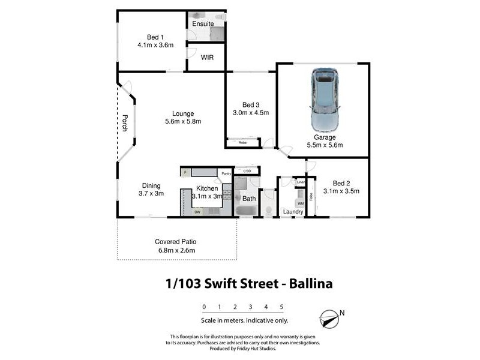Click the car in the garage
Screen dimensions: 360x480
(325, 100)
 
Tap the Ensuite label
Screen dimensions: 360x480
(203, 24)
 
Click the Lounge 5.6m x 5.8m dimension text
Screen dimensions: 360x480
(182, 122)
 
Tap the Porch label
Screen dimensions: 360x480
(125, 122)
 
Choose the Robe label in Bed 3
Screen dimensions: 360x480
(242, 143)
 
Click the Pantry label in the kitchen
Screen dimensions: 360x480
(226, 174)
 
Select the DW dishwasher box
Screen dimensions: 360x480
(197, 212)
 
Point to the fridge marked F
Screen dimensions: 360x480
(185, 173)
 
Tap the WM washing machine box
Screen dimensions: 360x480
(301, 204)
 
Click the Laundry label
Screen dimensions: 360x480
(293, 212)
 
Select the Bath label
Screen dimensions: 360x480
(248, 198)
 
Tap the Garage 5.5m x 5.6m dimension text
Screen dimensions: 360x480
(325, 145)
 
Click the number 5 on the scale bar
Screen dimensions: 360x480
(281, 307)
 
